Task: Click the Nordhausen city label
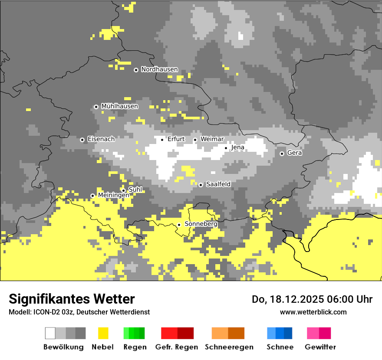point(159,69)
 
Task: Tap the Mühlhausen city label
point(119,106)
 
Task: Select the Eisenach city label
point(101,139)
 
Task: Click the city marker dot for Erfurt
point(162,140)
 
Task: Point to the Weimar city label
point(212,139)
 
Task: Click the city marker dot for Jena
point(226,148)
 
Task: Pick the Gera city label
point(294,153)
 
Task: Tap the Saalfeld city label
point(218,184)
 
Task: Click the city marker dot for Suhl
point(123,190)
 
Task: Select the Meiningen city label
point(113,196)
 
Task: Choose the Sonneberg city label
point(201,224)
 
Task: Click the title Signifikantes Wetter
point(72,299)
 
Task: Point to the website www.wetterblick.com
point(313,312)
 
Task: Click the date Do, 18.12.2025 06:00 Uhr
point(312,299)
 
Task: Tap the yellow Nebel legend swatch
point(103,333)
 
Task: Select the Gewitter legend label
point(320,347)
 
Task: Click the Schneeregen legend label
point(229,347)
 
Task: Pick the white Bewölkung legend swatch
point(50,333)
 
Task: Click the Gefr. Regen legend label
point(176,347)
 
